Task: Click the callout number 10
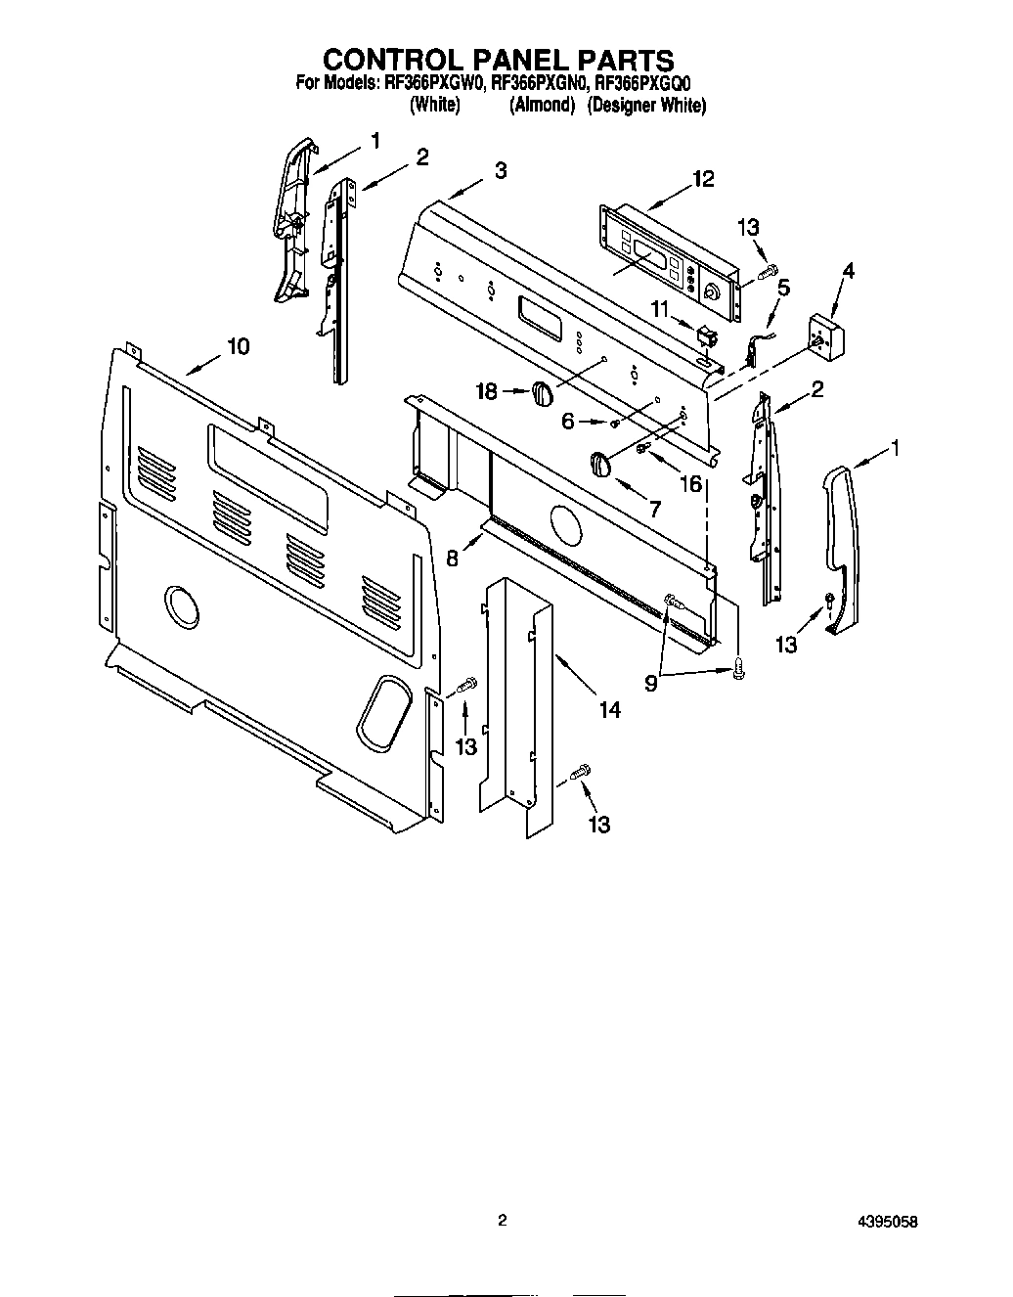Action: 238,346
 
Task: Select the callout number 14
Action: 609,711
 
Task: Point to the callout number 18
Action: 486,392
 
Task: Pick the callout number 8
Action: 452,559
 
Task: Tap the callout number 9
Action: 650,685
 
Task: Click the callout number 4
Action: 848,271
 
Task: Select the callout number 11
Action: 661,310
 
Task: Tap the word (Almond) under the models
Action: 541,106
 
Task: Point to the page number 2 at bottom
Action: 502,1221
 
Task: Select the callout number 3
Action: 501,170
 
